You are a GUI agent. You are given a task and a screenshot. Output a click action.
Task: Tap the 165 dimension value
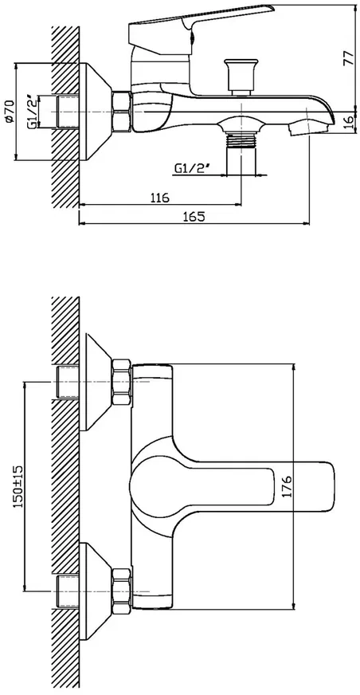coord(194,216)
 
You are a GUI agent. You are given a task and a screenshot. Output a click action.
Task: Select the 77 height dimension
coord(349,57)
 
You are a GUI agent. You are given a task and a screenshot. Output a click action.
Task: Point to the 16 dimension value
coord(349,122)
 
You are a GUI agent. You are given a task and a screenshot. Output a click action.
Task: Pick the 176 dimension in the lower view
coord(287,486)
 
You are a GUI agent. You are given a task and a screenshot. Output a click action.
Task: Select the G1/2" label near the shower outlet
coord(192,168)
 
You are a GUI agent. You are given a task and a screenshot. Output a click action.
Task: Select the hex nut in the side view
coord(122,112)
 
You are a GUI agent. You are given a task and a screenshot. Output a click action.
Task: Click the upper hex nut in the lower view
coord(121,382)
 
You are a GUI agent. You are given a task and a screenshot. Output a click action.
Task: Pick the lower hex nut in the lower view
coord(121,591)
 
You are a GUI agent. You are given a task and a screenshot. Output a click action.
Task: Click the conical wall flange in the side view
coord(96,112)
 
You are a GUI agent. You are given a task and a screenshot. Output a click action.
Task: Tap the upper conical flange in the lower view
coord(96,382)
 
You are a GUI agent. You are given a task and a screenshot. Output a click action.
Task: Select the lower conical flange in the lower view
coord(96,591)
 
